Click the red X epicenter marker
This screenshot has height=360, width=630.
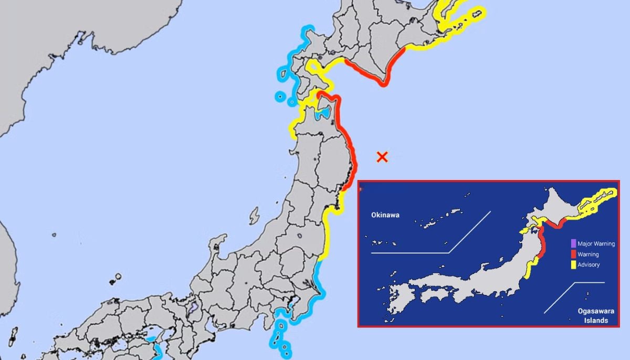pos(382,156)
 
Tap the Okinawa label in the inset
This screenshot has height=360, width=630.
pos(385,215)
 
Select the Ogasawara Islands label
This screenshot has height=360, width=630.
pos(593,316)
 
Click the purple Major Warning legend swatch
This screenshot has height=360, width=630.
pos(573,243)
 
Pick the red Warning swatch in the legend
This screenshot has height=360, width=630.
pos(573,255)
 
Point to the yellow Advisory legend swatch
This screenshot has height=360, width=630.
pos(573,265)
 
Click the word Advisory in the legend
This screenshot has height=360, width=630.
pos(589,265)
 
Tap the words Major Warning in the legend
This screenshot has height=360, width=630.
pos(596,243)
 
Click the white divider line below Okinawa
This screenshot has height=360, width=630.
pos(409,253)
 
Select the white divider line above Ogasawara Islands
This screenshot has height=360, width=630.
pos(588,283)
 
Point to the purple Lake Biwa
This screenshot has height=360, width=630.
pos(193,307)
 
